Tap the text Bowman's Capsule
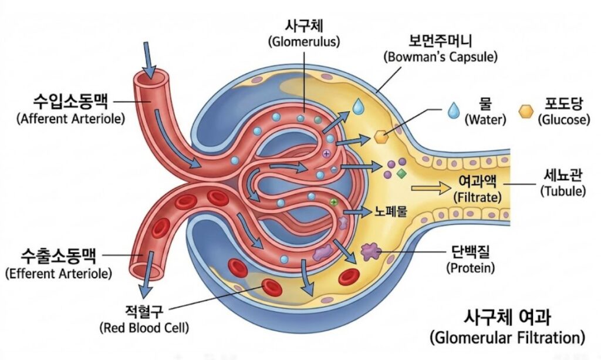pyautogui.click(x=440, y=57)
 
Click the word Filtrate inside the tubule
pyautogui.click(x=477, y=197)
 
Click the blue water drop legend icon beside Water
pyautogui.click(x=453, y=110)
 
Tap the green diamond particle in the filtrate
pyautogui.click(x=401, y=174)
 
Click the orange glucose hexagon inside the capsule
pyautogui.click(x=381, y=137)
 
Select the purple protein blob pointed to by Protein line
pyautogui.click(x=370, y=251)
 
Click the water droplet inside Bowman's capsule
pyautogui.click(x=358, y=106)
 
